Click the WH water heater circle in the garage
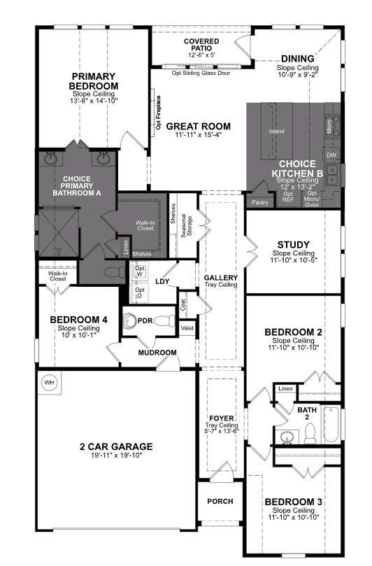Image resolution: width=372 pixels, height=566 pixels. pyautogui.click(x=49, y=383)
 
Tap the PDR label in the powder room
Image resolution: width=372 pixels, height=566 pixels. pyautogui.click(x=145, y=320)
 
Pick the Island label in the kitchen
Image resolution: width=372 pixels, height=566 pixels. pyautogui.click(x=277, y=131)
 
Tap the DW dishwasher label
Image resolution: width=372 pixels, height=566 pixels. pyautogui.click(x=331, y=155)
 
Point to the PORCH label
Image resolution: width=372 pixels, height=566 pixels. pyautogui.click(x=220, y=502)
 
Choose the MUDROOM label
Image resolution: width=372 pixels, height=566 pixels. pyautogui.click(x=155, y=352)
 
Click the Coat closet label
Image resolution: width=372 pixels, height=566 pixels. pyautogui.click(x=183, y=304)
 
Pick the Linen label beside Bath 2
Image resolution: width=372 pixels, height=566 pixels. pyautogui.click(x=285, y=389)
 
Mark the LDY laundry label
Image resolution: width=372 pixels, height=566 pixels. pyautogui.click(x=163, y=282)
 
